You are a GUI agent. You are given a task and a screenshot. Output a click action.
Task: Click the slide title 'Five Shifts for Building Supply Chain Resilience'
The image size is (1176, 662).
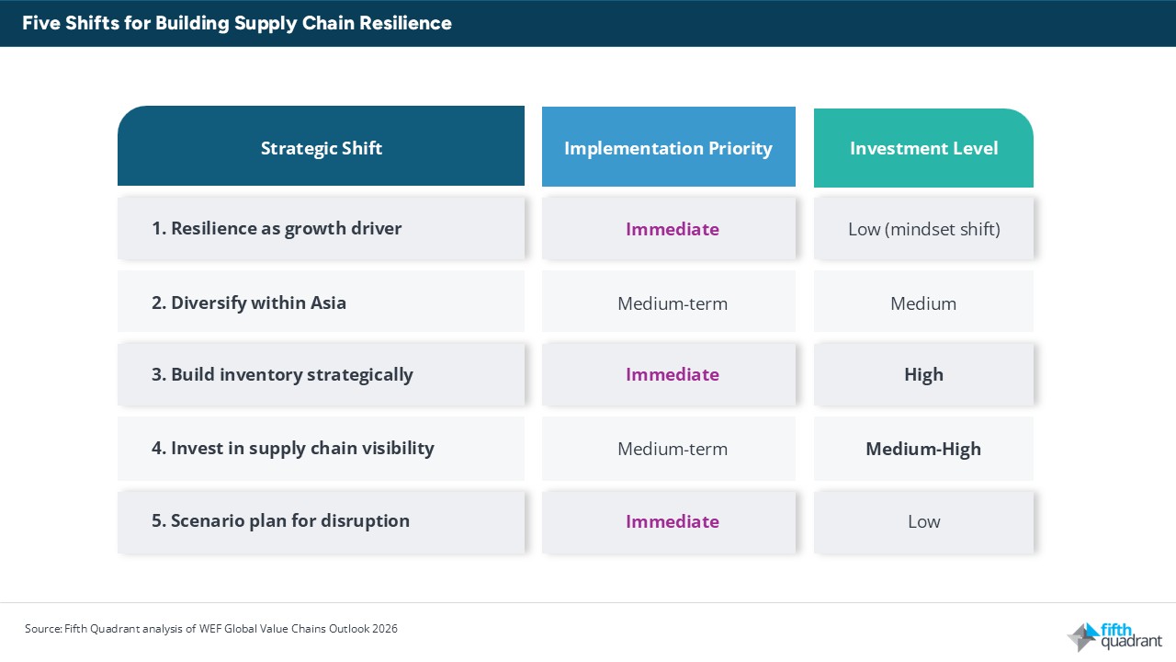click(237, 23)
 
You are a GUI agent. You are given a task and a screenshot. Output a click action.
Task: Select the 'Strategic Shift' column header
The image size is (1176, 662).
click(321, 148)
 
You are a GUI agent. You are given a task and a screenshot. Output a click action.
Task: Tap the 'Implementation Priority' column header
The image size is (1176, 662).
click(668, 148)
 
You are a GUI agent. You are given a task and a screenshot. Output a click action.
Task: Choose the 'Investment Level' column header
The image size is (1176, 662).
click(923, 148)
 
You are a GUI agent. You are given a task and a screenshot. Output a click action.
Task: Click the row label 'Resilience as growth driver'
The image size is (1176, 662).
click(277, 228)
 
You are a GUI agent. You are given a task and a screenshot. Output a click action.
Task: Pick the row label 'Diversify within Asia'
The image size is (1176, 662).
click(249, 302)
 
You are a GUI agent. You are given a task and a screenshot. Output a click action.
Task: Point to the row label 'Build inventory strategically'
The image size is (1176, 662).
click(282, 374)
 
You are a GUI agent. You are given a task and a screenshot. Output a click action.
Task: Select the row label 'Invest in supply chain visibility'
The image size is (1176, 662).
click(292, 448)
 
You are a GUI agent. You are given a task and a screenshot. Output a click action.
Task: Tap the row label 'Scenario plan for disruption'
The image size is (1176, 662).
click(280, 520)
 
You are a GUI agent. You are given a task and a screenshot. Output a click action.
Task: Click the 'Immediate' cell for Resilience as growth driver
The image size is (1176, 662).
click(672, 229)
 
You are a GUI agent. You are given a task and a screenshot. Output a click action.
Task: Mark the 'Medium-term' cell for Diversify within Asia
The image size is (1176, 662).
click(672, 303)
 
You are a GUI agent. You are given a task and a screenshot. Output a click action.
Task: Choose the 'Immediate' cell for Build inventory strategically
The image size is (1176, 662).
click(672, 374)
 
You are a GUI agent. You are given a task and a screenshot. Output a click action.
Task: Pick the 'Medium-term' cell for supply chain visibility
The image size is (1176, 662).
click(672, 449)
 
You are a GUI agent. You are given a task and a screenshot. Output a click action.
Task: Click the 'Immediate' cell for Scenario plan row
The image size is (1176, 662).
click(672, 521)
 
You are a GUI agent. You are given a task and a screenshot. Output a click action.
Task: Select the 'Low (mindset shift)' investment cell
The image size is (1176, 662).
click(923, 229)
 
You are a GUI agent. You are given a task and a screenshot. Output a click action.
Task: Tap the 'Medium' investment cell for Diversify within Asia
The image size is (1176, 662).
click(923, 303)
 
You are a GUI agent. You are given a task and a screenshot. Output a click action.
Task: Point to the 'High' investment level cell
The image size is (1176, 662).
click(923, 374)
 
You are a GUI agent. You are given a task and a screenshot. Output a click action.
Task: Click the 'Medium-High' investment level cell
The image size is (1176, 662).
click(923, 449)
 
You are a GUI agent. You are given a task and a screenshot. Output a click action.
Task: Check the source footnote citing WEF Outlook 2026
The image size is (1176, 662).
click(211, 629)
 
